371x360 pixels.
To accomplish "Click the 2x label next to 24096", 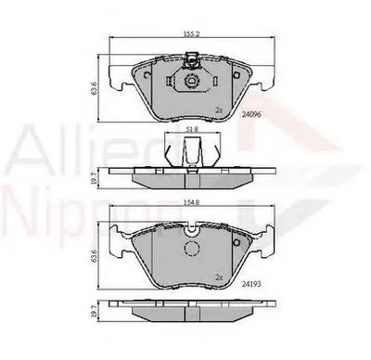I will tap(220, 109).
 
